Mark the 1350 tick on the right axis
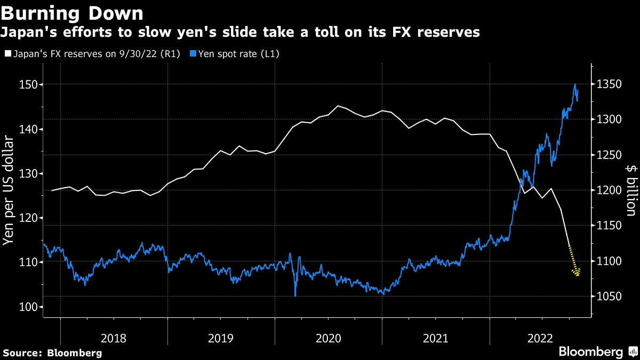[x=608, y=85]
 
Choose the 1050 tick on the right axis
[x=608, y=297]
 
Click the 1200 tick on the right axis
[x=608, y=190]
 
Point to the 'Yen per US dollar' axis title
[x=9, y=190]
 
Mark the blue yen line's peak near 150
[x=575, y=84]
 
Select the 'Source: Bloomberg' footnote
[x=52, y=353]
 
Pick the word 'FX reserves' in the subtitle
[x=441, y=33]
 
